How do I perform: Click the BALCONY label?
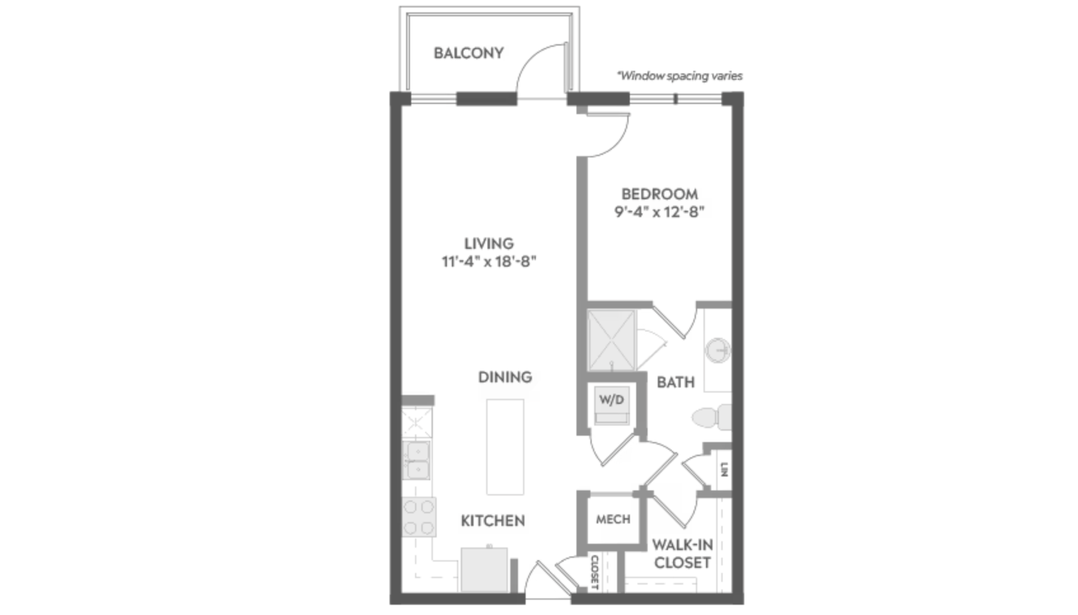tap(468, 53)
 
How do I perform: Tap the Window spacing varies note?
tap(680, 76)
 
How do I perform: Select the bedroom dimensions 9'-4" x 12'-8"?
tap(659, 212)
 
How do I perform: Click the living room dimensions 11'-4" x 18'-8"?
tap(488, 261)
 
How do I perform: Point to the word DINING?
tap(505, 377)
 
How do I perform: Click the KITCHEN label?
tap(493, 521)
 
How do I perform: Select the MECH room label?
tap(613, 520)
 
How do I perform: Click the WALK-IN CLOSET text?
tap(682, 553)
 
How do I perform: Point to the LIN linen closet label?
tap(724, 469)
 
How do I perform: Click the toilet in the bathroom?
tap(711, 417)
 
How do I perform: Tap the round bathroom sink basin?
tap(718, 350)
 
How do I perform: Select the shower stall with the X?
tap(611, 340)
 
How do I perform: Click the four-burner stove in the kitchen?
tap(419, 517)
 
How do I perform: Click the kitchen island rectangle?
tap(505, 447)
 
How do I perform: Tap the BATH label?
tap(675, 382)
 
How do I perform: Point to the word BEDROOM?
tap(660, 194)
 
